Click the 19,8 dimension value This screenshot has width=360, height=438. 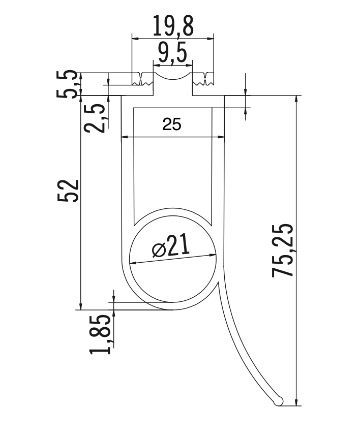(x=172, y=26)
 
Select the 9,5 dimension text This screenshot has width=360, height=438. (x=172, y=53)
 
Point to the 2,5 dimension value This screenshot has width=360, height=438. (x=96, y=116)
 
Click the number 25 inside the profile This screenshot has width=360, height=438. (x=172, y=124)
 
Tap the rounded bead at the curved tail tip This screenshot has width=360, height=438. (x=278, y=401)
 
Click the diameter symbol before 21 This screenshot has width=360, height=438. (x=158, y=250)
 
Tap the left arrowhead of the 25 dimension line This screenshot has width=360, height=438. (x=124, y=136)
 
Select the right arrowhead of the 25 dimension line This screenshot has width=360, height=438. (x=222, y=136)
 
